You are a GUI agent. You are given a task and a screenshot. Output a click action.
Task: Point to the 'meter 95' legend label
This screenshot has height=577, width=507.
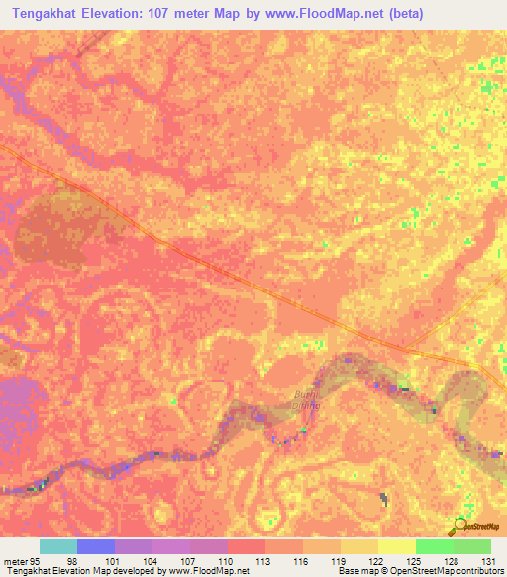(21, 560)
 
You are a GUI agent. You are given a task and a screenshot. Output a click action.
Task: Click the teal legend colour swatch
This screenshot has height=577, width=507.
(58, 546)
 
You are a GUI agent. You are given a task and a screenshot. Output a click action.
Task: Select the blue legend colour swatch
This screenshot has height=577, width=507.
(96, 546)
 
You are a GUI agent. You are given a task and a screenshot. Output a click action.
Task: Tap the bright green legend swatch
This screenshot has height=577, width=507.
(434, 546)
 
